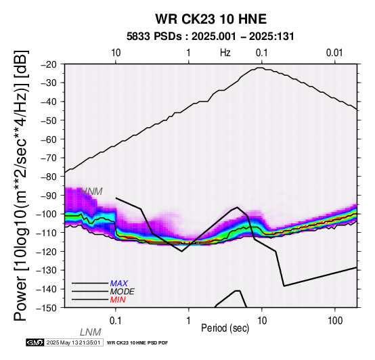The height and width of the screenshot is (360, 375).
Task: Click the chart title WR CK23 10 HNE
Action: [211, 19]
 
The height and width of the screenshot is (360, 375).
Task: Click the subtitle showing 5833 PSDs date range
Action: [211, 37]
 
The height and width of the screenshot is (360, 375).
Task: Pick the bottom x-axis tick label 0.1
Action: [116, 321]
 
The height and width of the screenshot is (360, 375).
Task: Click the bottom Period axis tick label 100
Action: [335, 321]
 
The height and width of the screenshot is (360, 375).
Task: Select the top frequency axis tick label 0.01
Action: [334, 53]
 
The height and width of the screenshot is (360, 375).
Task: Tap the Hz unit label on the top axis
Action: [225, 53]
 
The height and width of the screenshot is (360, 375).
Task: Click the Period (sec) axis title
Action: [225, 328]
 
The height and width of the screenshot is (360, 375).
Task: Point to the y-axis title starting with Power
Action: [20, 185]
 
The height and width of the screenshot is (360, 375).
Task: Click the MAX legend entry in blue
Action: [119, 284]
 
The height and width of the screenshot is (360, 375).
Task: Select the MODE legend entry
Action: [123, 292]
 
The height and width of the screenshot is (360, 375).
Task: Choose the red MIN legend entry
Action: [118, 300]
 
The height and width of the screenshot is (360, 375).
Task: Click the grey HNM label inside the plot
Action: [91, 192]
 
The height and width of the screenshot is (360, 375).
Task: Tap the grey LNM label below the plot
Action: [91, 332]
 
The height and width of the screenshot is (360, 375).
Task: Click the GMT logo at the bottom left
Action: [35, 342]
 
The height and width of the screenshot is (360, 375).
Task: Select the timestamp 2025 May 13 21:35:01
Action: [73, 342]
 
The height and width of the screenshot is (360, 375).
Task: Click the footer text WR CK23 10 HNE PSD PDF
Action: [137, 343]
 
